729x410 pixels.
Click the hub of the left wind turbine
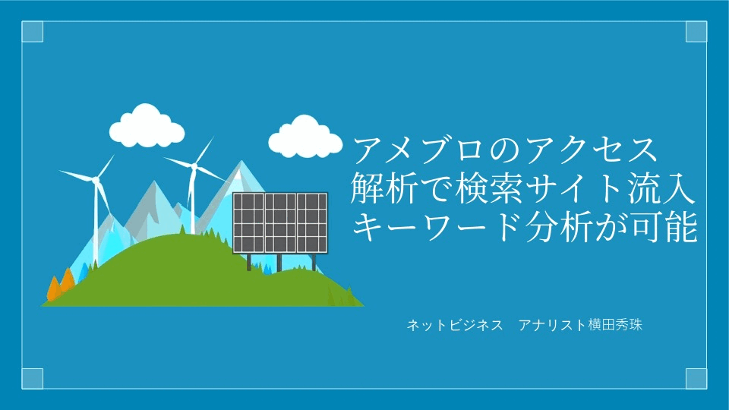point(96,180)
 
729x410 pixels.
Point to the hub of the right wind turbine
point(194,166)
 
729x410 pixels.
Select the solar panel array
point(280,223)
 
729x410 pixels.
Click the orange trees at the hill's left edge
point(62,283)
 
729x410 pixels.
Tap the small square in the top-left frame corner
point(33,32)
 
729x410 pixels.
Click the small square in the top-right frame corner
point(696,32)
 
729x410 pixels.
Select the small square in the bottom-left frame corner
point(33,378)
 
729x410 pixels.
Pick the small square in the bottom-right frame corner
point(696,378)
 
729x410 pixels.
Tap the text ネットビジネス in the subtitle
point(455,325)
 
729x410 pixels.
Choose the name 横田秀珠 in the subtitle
point(615,325)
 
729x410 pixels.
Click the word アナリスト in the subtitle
point(552,325)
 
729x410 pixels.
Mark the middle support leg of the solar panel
point(279,263)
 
